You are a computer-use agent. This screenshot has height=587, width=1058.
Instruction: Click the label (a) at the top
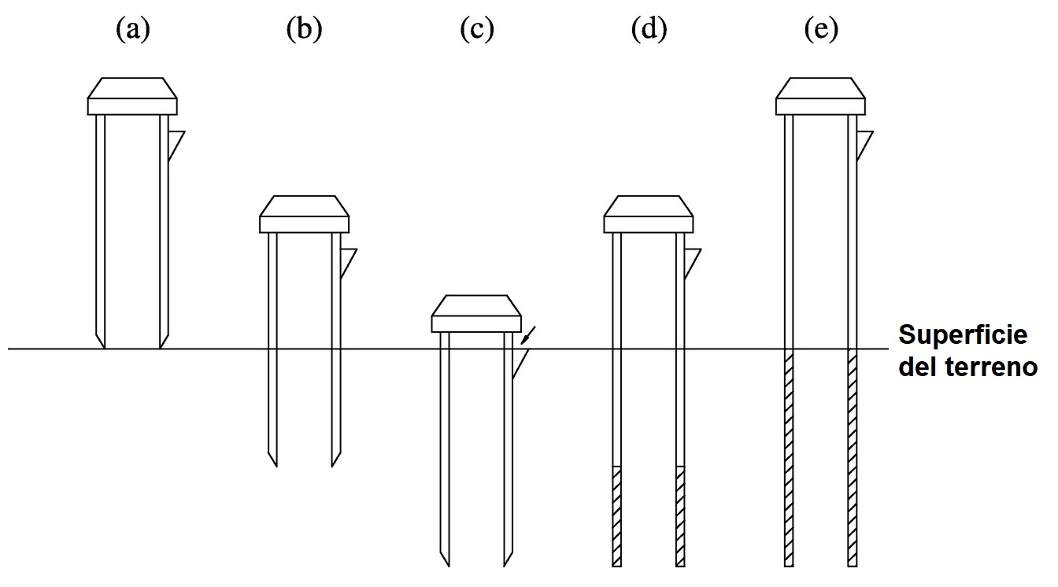pos(132,30)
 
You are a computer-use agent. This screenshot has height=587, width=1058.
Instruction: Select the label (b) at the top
pos(305,30)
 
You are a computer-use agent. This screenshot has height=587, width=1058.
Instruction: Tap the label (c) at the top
pos(476,30)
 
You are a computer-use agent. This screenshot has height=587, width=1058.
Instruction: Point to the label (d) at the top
pos(649,30)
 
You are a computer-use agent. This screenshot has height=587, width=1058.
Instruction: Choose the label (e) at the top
pos(820,30)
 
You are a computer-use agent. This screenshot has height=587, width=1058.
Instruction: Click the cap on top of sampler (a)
pos(132,97)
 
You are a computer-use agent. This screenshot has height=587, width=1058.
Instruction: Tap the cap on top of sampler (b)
pos(305,214)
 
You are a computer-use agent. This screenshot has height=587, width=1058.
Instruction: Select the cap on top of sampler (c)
pos(476,313)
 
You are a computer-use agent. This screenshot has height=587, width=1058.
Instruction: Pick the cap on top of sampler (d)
pos(649,214)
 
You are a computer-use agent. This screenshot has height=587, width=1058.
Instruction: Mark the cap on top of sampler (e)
pos(820,97)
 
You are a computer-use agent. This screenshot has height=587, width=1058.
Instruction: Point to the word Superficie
pos(963,335)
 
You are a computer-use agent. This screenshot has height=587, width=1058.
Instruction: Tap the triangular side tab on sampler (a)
pos(174,143)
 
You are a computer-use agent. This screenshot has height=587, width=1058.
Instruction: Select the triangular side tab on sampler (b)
pos(346,260)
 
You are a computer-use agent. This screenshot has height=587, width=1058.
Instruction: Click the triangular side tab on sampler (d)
pos(690,260)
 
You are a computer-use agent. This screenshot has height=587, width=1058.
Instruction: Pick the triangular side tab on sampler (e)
pos(863,143)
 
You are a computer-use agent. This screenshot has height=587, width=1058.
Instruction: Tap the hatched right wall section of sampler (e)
pos(852,456)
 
